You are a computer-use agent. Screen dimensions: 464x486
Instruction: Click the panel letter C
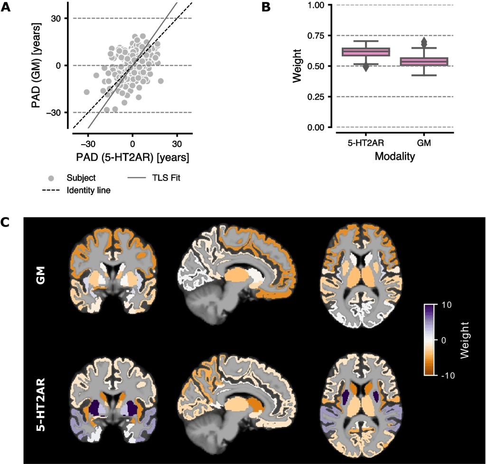(x=6, y=222)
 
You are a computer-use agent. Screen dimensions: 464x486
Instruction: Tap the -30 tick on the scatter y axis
(x=56, y=112)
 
